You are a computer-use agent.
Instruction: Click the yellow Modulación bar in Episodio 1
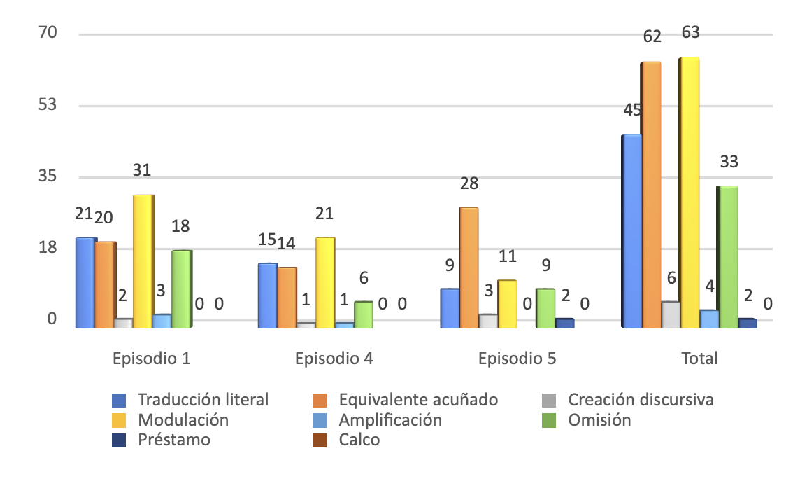click(x=143, y=261)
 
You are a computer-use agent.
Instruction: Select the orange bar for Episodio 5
click(x=469, y=267)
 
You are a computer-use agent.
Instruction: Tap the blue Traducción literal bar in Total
click(x=631, y=230)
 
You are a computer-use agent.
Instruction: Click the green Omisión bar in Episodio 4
click(x=363, y=314)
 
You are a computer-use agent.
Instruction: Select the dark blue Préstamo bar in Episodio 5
click(x=564, y=323)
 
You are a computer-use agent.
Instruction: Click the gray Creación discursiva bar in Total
click(x=671, y=314)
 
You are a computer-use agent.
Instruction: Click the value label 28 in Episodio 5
click(x=469, y=183)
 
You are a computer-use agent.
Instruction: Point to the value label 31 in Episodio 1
click(x=143, y=170)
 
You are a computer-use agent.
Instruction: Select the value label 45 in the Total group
click(x=631, y=110)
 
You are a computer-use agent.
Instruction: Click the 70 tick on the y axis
click(x=47, y=32)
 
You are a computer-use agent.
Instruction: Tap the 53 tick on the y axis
click(x=47, y=104)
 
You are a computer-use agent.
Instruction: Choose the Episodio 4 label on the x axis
click(x=334, y=359)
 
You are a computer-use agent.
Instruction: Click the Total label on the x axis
click(x=699, y=359)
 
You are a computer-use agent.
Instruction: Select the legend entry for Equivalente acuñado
click(x=417, y=400)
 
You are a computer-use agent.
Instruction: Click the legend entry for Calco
click(x=359, y=440)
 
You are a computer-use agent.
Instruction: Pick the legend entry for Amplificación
click(x=390, y=420)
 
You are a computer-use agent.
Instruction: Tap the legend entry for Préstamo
click(x=173, y=440)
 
